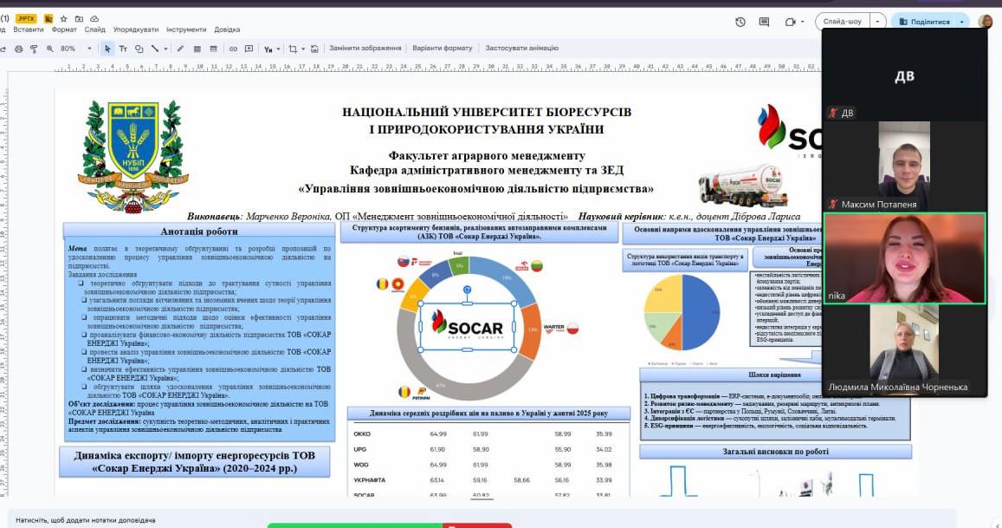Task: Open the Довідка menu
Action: tap(227, 29)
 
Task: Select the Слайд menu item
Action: tap(95, 29)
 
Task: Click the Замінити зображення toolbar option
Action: tap(365, 49)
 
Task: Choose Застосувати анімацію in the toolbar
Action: tap(521, 49)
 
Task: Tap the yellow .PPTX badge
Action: tap(26, 17)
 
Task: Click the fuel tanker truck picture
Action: tap(742, 183)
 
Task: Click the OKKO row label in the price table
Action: tap(362, 433)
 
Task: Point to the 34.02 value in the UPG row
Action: tap(604, 449)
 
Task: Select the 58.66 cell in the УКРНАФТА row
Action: tap(521, 479)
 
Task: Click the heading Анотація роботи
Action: tap(198, 231)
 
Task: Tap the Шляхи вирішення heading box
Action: tap(774, 375)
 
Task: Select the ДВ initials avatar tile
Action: tap(903, 76)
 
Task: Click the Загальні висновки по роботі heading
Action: tap(775, 452)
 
